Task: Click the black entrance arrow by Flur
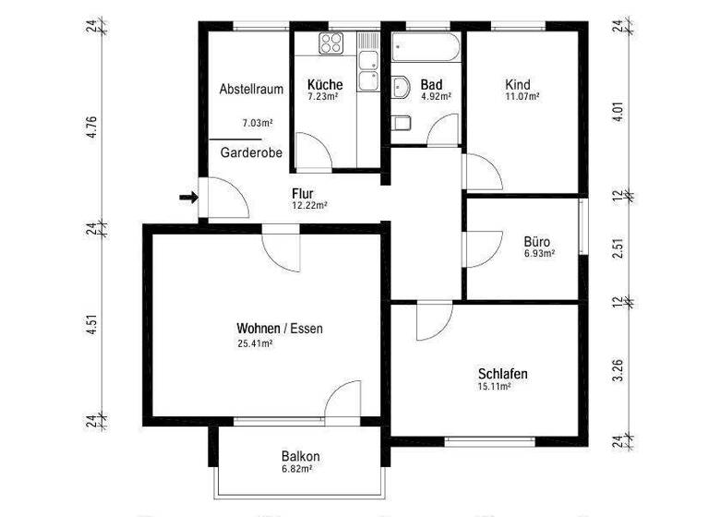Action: [x=187, y=197]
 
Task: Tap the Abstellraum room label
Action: [x=249, y=90]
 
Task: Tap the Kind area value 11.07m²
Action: [x=523, y=95]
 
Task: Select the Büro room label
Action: [x=536, y=243]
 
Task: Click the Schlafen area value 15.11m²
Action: [x=494, y=387]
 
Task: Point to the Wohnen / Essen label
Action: [x=280, y=329]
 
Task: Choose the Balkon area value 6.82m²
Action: [x=296, y=469]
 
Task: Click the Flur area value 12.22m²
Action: [x=309, y=206]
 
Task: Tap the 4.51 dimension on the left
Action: [x=91, y=329]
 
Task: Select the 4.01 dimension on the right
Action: [x=619, y=114]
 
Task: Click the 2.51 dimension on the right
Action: [x=619, y=249]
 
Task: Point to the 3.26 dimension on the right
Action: [x=619, y=369]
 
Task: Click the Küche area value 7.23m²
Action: [x=325, y=96]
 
